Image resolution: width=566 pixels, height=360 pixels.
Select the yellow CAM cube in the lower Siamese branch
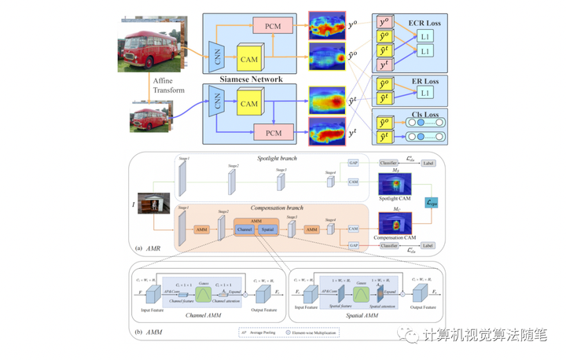click(249, 103)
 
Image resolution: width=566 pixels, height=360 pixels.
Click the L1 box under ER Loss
click(424, 93)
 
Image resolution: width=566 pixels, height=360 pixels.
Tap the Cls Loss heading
click(425, 116)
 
